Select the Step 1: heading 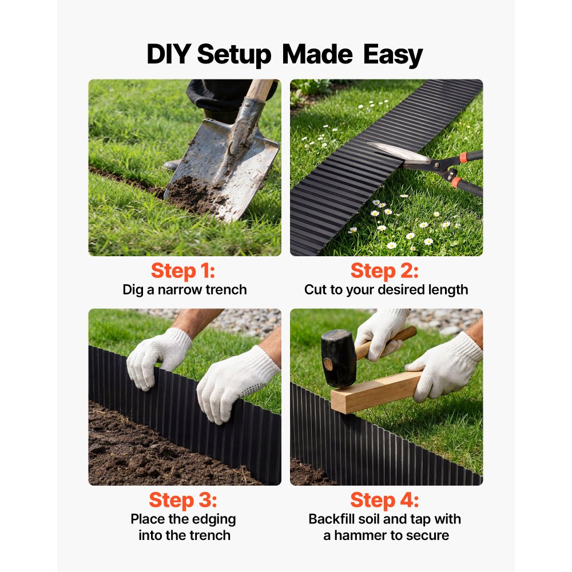183,271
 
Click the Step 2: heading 384,271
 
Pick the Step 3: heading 183,500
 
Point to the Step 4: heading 384,500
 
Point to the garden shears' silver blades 398,153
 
